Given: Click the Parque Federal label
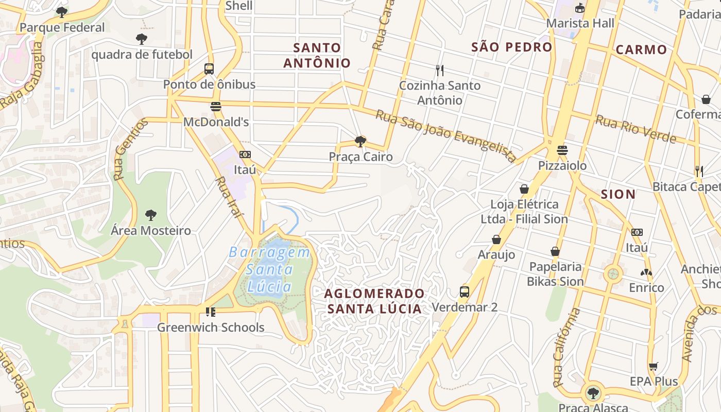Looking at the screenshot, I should pos(62,27).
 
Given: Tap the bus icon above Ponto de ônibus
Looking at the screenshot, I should pos(209,69).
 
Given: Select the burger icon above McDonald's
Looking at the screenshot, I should pos(216,107).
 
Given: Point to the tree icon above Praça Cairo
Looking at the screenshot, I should pos(360,141).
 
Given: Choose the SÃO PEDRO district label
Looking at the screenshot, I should pos(511,47).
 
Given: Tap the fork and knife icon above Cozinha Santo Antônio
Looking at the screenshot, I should pos(439,70).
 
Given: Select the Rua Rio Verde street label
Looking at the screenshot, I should pos(636,129).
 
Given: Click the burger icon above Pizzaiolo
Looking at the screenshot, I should pos(562,150).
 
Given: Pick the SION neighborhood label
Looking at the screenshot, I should pos(618,194).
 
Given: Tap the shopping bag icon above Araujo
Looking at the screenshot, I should pos(496,239).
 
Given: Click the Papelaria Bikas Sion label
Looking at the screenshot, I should pos(555,274).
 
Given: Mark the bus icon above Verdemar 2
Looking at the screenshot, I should pos(465,292).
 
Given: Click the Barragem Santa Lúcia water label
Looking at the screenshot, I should pos(269,269).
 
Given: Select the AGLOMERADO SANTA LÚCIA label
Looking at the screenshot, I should pos(374,301).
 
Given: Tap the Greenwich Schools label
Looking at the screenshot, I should pos(210,327).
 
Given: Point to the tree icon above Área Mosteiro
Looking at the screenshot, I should pos(150,215).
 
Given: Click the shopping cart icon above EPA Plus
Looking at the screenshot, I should pos(654,366).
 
